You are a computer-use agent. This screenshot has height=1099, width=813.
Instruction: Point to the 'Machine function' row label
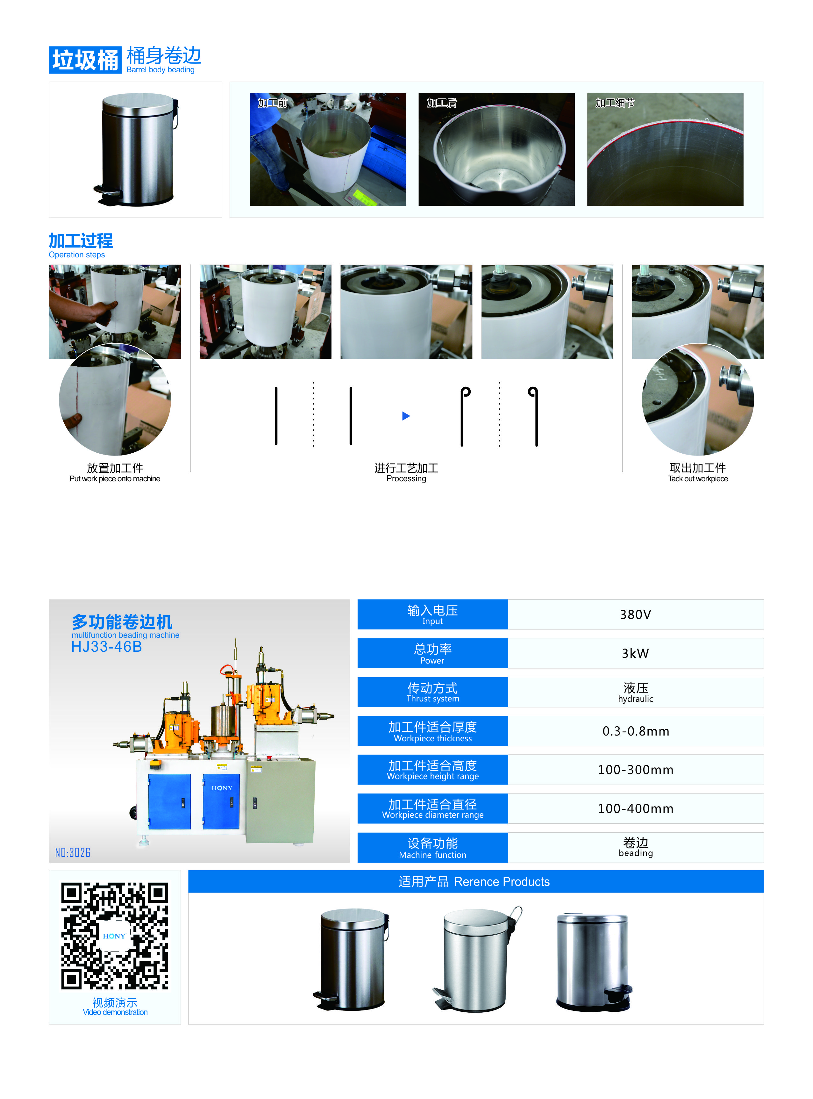[x=432, y=855]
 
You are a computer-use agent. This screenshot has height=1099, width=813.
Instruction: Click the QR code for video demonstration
[x=115, y=936]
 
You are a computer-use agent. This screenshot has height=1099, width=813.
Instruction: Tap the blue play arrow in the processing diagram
[x=406, y=416]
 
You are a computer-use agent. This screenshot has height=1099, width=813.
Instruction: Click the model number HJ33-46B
[x=107, y=647]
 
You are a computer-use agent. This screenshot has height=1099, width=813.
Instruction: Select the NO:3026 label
[x=73, y=852]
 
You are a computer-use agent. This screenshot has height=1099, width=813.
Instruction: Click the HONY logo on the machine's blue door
[x=222, y=788]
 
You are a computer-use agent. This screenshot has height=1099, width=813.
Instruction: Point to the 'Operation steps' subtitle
[x=77, y=255]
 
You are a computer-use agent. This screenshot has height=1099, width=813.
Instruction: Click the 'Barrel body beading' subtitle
[x=160, y=70]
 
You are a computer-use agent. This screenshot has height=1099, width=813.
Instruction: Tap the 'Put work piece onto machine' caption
[x=115, y=478]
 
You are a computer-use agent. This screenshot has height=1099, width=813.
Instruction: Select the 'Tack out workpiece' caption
[x=698, y=478]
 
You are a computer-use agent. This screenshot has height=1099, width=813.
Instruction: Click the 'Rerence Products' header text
[x=502, y=881]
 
